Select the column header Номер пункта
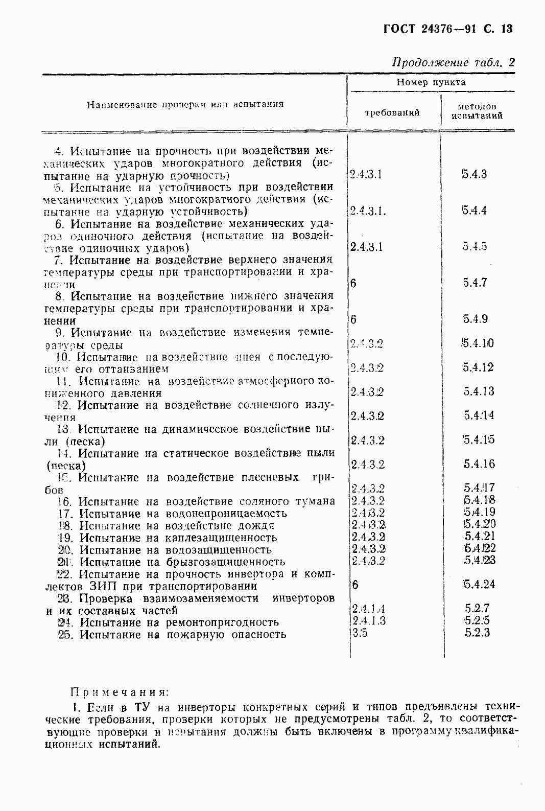(431, 82)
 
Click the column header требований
(392, 112)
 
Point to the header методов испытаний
(477, 111)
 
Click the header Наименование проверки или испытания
(185, 105)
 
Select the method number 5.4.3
(475, 174)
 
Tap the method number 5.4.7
(475, 283)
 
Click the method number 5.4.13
(479, 392)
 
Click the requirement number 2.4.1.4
(368, 609)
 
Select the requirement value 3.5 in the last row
(360, 633)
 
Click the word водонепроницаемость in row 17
(226, 514)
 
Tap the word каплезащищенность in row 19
(221, 538)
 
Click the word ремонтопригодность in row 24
(222, 622)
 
